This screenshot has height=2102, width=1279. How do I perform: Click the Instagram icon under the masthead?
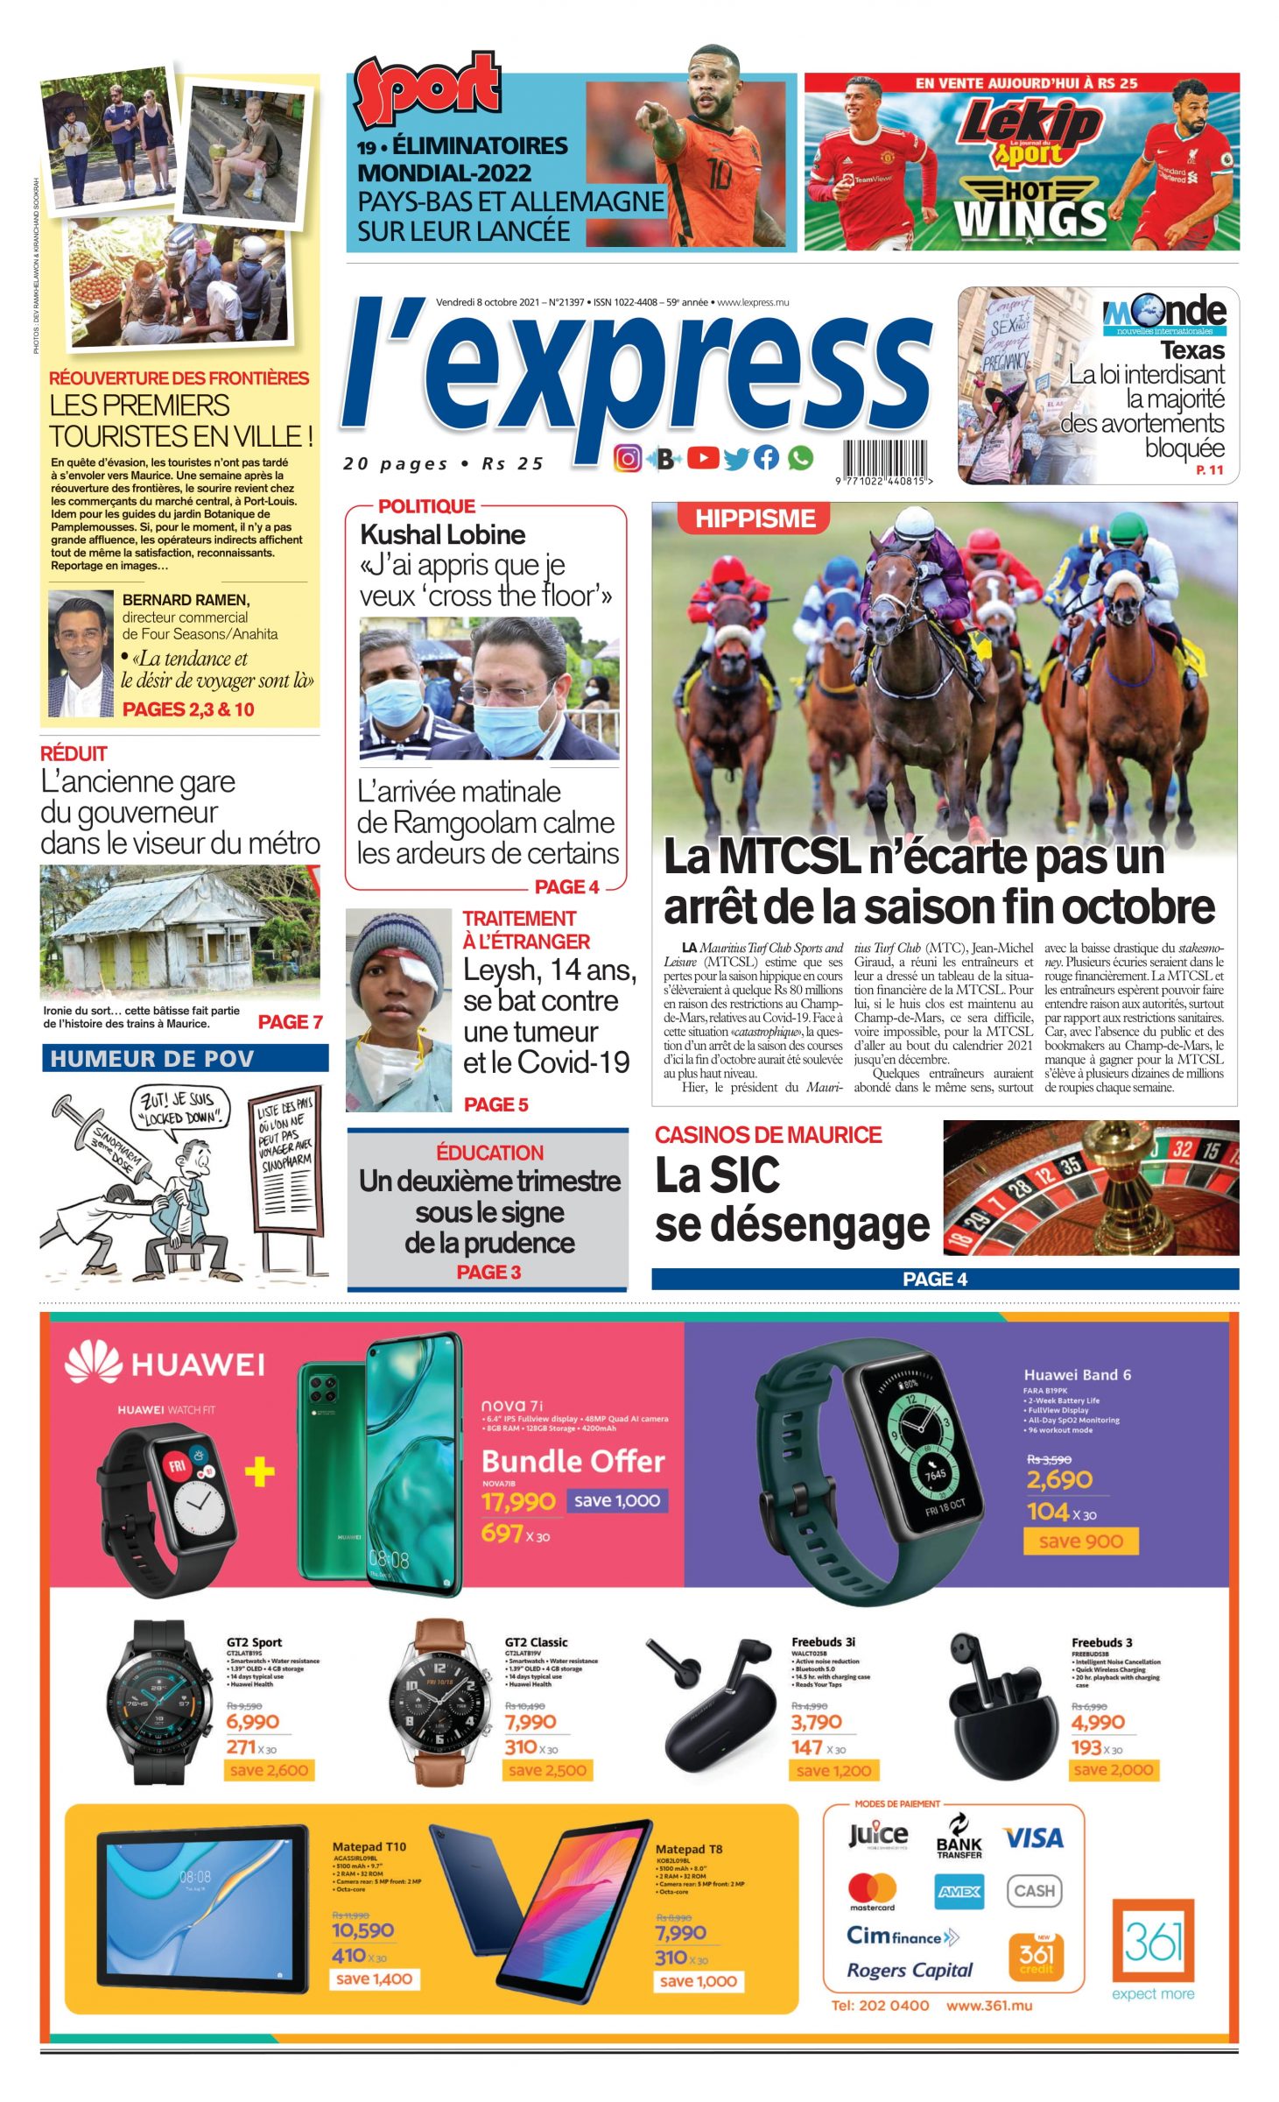tap(627, 458)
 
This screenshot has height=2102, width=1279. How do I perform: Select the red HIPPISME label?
tap(754, 518)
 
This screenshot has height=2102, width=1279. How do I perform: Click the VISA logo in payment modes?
tap(1033, 1837)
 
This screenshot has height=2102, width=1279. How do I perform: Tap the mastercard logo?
tap(872, 1890)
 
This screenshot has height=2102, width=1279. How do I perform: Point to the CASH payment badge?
tap(1034, 1890)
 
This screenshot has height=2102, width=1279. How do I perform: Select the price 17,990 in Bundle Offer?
tap(518, 1501)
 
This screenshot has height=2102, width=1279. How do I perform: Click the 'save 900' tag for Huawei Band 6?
tap(1080, 1541)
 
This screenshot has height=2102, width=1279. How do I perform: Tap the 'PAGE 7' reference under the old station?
tap(291, 1022)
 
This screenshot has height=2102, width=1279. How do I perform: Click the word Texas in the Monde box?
tap(1191, 351)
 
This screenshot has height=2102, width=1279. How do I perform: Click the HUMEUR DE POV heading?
tap(152, 1059)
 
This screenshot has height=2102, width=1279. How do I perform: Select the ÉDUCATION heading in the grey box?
tap(489, 1153)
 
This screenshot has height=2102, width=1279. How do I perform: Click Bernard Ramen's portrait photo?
tap(81, 653)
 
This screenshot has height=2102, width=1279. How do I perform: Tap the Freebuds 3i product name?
tap(823, 1642)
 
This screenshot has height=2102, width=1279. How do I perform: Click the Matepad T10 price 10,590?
tap(362, 1930)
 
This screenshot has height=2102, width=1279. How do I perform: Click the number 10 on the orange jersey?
tap(719, 175)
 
